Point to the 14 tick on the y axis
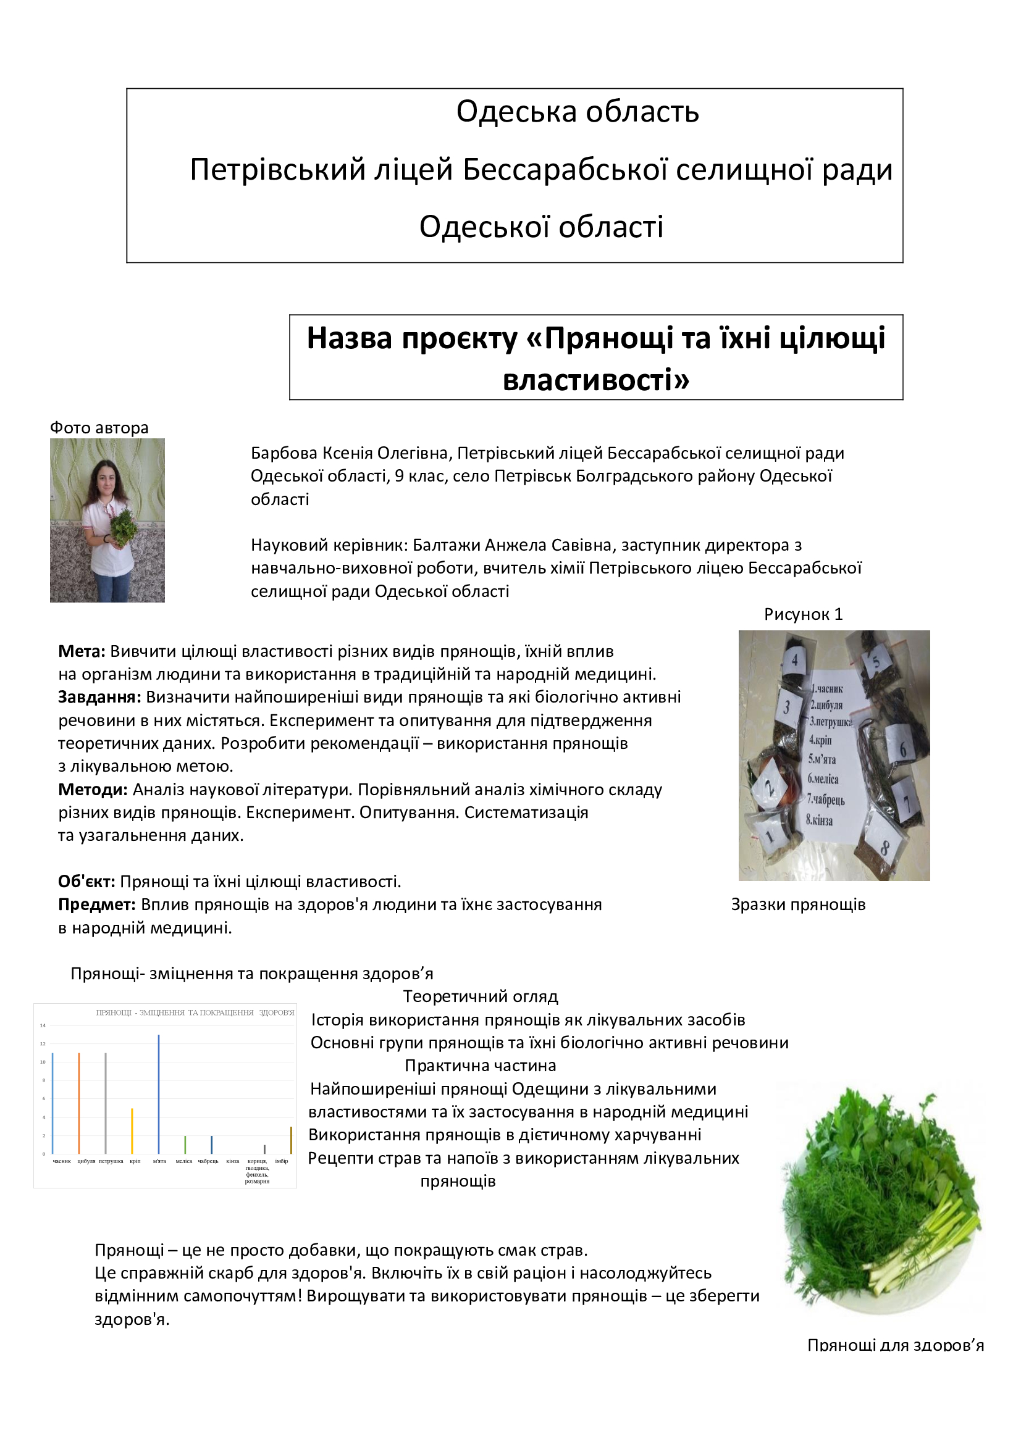click(x=43, y=1026)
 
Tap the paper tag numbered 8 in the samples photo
click(x=883, y=848)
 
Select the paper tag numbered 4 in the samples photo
click(x=794, y=661)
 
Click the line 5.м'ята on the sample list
click(x=822, y=759)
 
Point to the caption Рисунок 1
click(x=804, y=614)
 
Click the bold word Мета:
click(x=82, y=651)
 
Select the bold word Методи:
click(x=93, y=790)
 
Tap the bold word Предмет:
click(x=97, y=904)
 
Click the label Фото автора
click(x=99, y=428)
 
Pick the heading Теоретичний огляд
click(x=481, y=996)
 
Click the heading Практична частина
click(x=481, y=1066)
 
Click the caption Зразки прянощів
click(x=798, y=904)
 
